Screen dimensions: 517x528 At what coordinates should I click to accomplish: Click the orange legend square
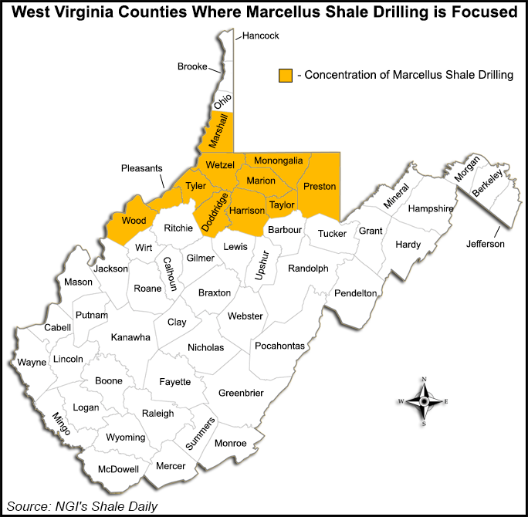(286, 74)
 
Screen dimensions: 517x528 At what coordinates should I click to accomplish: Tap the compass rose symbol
(424, 401)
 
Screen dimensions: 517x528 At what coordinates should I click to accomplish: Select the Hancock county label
(260, 35)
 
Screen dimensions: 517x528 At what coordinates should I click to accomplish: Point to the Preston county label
(320, 187)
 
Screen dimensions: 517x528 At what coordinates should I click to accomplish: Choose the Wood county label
(134, 221)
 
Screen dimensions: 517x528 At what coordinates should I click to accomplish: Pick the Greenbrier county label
(241, 393)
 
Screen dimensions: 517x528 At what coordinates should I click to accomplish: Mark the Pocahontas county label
(279, 345)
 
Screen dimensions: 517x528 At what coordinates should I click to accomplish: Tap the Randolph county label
(308, 269)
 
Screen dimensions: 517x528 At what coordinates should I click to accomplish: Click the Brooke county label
(192, 66)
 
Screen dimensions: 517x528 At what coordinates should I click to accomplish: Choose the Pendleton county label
(355, 293)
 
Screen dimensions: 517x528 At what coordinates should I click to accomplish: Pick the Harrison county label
(247, 210)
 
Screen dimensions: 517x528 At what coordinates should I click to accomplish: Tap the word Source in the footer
(32, 506)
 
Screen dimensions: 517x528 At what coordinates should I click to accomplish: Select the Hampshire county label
(431, 208)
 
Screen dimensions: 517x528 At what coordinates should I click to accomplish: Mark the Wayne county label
(32, 361)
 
